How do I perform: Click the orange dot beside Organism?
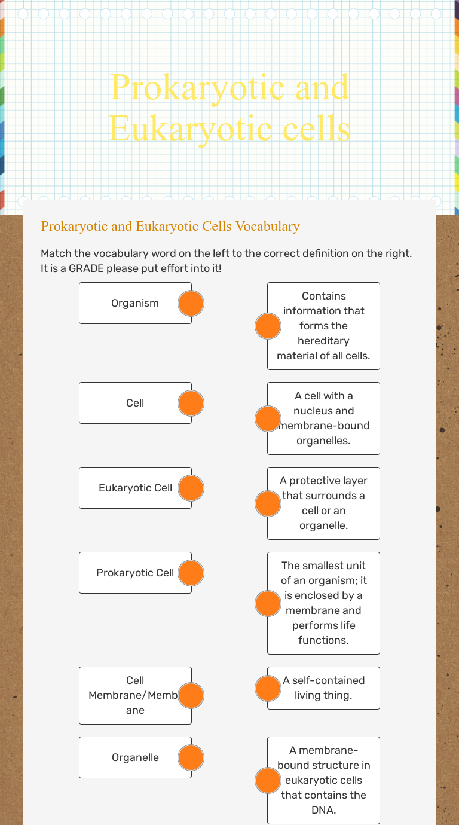191,304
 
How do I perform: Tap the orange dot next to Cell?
191,404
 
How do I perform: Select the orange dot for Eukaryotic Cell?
191,488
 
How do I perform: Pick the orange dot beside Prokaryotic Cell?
191,573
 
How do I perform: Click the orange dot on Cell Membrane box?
191,695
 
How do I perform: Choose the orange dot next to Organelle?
191,758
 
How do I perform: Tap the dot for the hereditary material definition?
268,326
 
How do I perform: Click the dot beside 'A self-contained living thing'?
268,688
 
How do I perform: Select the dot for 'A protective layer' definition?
268,503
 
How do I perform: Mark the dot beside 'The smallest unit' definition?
268,603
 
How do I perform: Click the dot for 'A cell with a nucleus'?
268,418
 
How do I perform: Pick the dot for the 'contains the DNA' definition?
268,781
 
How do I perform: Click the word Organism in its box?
135,303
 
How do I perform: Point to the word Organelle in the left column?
135,757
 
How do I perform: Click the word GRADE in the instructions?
86,268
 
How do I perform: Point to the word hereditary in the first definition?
323,341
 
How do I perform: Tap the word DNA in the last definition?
323,810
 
